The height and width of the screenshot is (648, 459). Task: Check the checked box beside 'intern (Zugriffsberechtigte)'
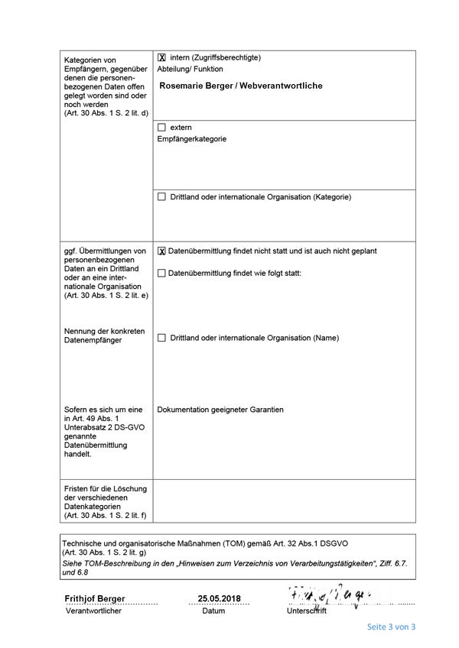tap(161, 57)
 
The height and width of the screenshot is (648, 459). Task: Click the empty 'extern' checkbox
tap(161, 127)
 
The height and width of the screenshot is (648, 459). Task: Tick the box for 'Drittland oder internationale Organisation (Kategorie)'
tap(161, 196)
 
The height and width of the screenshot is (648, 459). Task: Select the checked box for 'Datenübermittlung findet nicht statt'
tap(161, 251)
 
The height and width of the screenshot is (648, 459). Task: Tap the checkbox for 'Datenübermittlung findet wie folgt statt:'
tap(161, 273)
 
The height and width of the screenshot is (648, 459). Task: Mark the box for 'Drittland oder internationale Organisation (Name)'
tap(161, 338)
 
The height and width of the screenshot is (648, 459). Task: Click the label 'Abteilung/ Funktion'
tap(190, 69)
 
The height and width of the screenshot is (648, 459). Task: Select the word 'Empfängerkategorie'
tap(191, 139)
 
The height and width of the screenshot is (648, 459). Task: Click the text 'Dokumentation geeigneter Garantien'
tap(220, 410)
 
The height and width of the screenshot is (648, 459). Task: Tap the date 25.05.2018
tap(219, 598)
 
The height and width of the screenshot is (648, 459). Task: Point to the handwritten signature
tap(329, 595)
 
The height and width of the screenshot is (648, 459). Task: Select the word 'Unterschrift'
tap(307, 611)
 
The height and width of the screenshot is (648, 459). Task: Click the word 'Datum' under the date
tap(213, 611)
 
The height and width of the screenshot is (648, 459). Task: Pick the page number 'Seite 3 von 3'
tap(391, 627)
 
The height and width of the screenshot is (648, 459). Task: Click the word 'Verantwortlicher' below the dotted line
tap(94, 611)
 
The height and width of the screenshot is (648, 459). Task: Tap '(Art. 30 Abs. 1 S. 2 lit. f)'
tap(106, 516)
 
